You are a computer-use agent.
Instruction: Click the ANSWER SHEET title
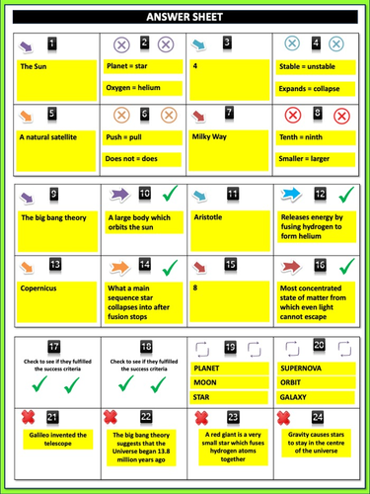[185, 17]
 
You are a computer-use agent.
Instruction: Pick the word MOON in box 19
[206, 382]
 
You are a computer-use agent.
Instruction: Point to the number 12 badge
[319, 194]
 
